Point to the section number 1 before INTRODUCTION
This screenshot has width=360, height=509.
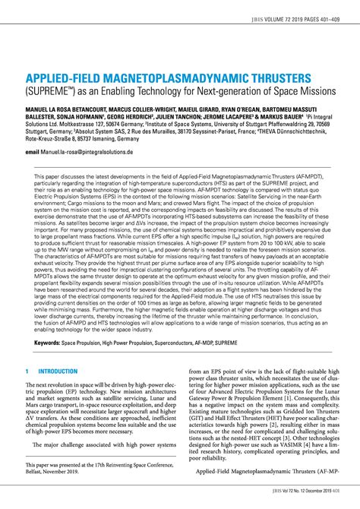pos(27,371)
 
